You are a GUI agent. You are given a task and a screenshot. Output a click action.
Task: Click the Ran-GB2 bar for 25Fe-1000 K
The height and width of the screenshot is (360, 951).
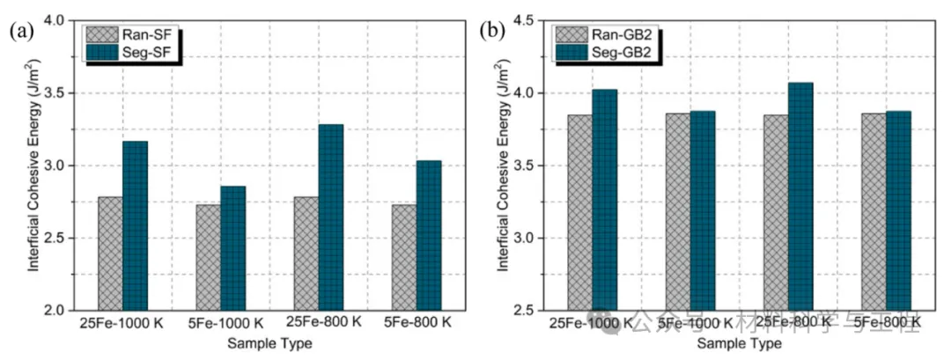[x=579, y=212]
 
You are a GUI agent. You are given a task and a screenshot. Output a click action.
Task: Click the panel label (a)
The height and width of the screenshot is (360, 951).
[x=21, y=33]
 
